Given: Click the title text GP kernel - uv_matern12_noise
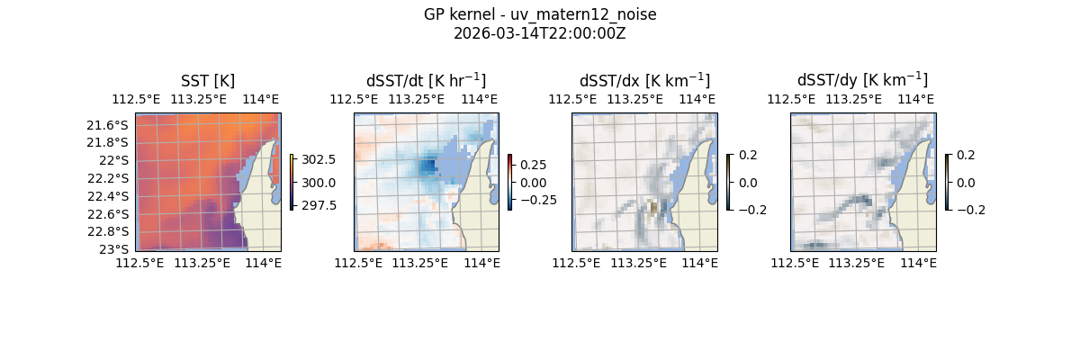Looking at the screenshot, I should pyautogui.click(x=539, y=14).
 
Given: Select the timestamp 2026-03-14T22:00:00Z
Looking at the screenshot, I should pyautogui.click(x=539, y=33).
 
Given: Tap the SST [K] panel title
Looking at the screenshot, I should pyautogui.click(x=208, y=80).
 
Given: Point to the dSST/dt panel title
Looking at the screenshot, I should pyautogui.click(x=426, y=80).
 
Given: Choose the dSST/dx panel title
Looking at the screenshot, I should pyautogui.click(x=644, y=80).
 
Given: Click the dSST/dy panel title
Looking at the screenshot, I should pyautogui.click(x=862, y=80).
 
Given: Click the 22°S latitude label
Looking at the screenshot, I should pyautogui.click(x=114, y=160).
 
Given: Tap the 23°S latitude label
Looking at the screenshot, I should pyautogui.click(x=114, y=249).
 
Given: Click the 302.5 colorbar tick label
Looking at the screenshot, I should pyautogui.click(x=319, y=159).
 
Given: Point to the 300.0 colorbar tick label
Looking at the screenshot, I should pyautogui.click(x=319, y=182).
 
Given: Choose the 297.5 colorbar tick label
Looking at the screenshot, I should pyautogui.click(x=319, y=205).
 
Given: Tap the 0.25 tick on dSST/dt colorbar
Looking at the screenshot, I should pyautogui.click(x=535, y=165).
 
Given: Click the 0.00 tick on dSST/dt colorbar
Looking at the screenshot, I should pyautogui.click(x=535, y=182).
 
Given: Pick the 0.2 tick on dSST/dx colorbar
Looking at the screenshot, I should pyautogui.click(x=748, y=155).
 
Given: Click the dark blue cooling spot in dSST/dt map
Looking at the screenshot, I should pyautogui.click(x=428, y=166).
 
